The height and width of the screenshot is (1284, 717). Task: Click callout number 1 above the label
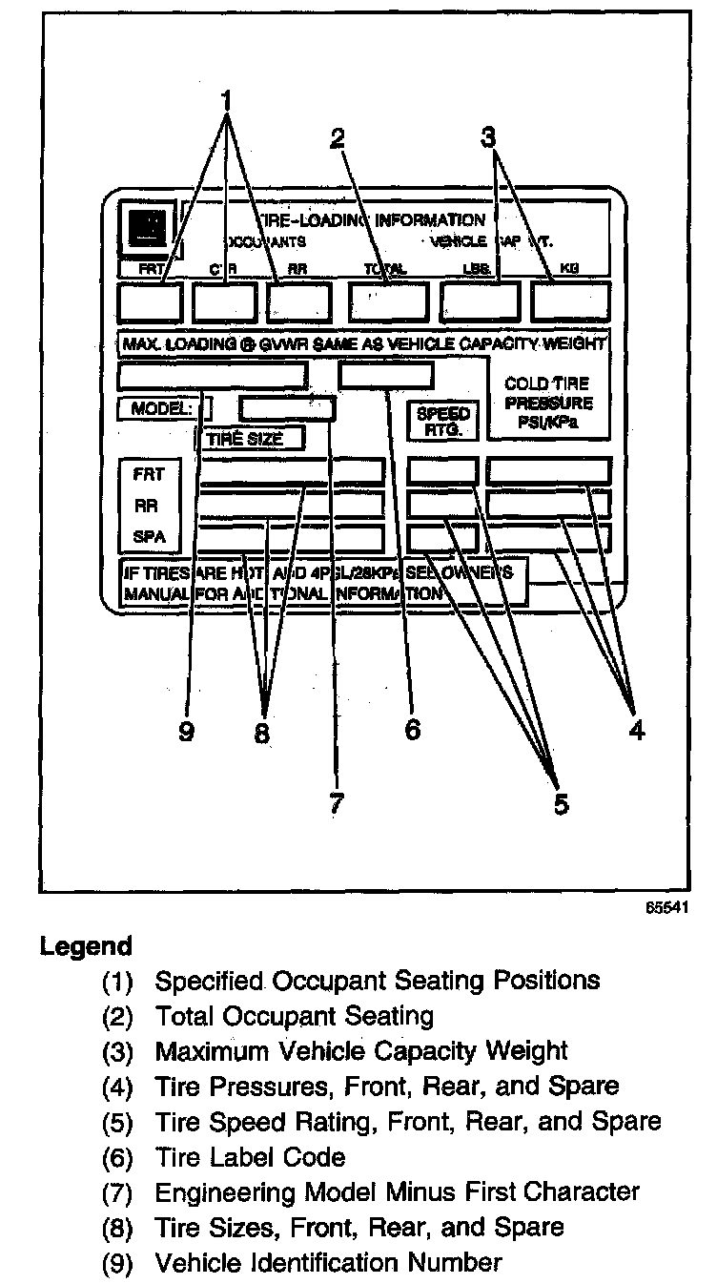coord(227,98)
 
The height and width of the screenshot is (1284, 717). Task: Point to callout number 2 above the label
coord(337,139)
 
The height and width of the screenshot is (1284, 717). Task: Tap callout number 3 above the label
coord(488,137)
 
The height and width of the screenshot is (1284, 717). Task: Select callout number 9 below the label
coord(187,732)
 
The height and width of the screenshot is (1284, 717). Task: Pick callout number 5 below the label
coord(561,803)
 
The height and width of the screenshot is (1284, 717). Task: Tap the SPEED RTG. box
coord(442,421)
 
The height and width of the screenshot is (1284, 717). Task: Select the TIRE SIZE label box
coord(250,439)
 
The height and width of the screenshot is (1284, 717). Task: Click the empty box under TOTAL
coord(387,301)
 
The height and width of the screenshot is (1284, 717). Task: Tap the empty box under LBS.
coord(480,301)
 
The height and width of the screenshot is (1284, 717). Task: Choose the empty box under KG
coord(570,301)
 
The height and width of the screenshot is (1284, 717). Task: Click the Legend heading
coord(86,947)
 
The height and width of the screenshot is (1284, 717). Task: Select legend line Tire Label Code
coord(250,1157)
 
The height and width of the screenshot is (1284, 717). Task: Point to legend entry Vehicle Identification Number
coord(328,1263)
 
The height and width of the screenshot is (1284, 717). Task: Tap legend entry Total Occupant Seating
coord(295,1016)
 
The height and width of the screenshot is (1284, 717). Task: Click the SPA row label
coord(149,537)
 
